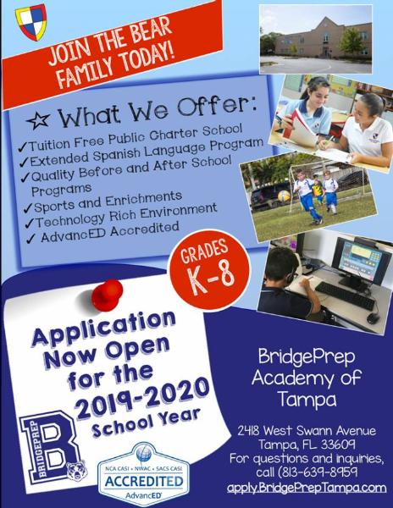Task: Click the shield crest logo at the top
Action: click(31, 22)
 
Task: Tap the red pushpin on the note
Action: click(108, 295)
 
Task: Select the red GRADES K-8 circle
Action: click(209, 270)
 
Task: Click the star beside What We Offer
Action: click(38, 120)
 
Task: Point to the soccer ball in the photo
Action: click(284, 196)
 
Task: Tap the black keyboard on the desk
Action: click(346, 295)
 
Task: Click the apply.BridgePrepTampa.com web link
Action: click(307, 488)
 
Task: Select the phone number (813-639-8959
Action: click(307, 472)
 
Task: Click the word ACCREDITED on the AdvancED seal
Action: click(144, 482)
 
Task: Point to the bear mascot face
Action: click(77, 471)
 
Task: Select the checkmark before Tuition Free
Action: click(23, 146)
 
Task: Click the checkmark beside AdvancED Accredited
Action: click(30, 239)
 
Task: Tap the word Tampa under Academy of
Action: click(307, 399)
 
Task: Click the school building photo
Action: click(316, 39)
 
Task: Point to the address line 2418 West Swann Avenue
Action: click(307, 431)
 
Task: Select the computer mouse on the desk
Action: click(373, 318)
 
